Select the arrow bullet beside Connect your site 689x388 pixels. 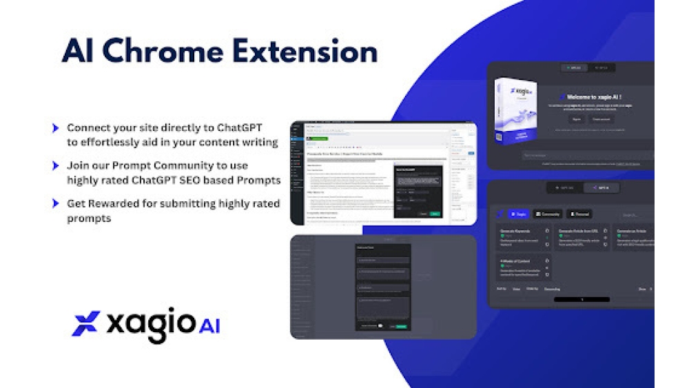pos(55,128)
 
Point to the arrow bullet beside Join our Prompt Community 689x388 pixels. pos(55,166)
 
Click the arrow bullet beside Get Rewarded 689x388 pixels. pos(55,203)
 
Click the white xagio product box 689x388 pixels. pos(515,110)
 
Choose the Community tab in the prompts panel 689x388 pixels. pos(548,214)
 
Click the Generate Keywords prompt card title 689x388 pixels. pos(516,231)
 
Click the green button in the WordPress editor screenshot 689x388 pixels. pos(319,139)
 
